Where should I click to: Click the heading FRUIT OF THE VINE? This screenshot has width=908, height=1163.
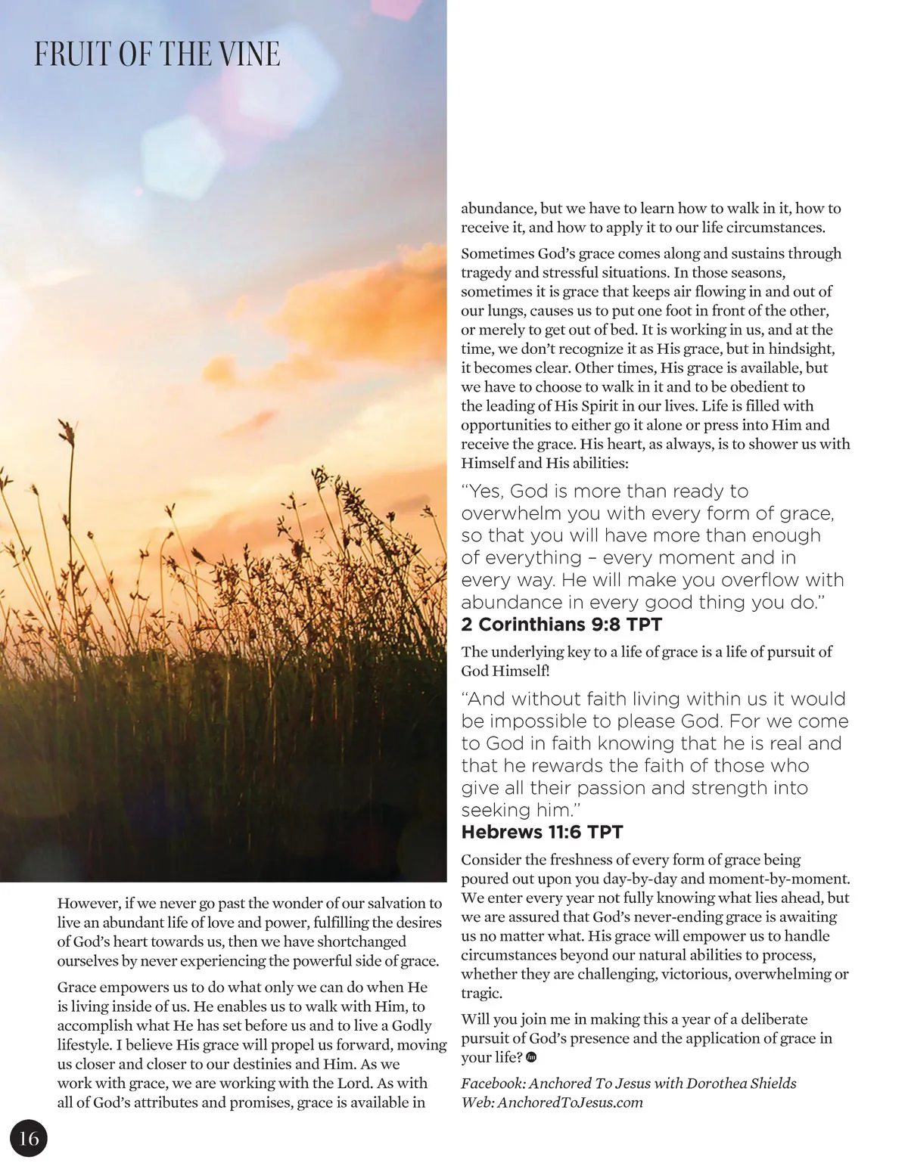coord(157,54)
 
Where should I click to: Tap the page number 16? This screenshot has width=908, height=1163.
coord(29,1139)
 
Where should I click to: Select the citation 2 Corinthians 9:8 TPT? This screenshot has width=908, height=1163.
coord(561,625)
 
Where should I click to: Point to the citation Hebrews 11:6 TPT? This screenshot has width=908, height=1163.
coord(542,833)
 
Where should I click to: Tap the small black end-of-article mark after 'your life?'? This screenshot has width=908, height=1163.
coord(531,1058)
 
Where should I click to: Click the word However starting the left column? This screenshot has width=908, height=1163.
coord(88,904)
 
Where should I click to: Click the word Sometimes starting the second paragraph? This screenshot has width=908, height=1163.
coord(497,254)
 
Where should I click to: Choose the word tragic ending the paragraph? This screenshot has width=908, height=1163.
coord(481,994)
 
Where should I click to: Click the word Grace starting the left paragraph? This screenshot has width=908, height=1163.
coord(76,988)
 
